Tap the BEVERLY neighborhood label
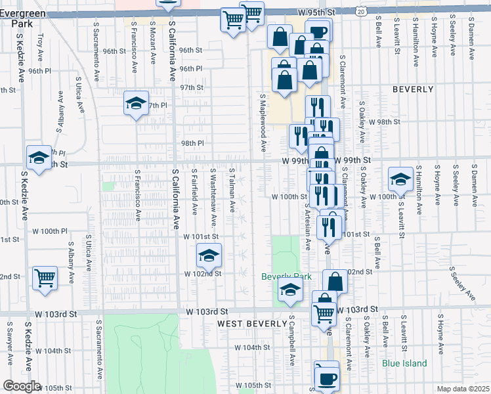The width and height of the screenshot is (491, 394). pos(413,89)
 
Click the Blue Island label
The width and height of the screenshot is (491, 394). pos(405,363)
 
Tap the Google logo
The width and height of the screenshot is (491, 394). pos(22,386)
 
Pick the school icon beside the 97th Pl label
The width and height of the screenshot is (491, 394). pos(136,102)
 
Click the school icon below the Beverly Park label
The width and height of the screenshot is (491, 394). pos(289,288)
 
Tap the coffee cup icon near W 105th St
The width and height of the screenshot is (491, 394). pos(327,377)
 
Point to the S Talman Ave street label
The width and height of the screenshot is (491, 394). pos(232,190)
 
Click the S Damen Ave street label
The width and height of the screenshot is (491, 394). pos(473,32)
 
